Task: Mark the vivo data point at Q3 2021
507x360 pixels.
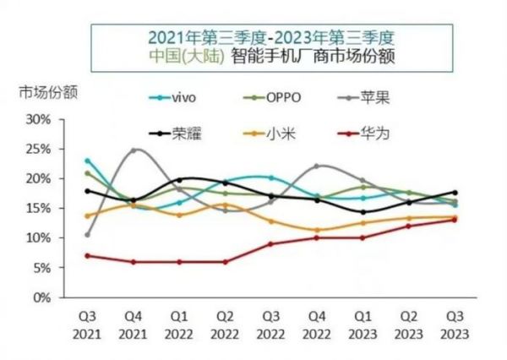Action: [x=87, y=161]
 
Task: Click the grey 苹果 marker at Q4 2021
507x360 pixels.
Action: [x=134, y=150]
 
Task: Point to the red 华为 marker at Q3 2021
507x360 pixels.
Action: [x=87, y=255]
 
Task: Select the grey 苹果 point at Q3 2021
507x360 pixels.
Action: [x=87, y=235]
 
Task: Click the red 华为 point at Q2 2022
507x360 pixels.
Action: [x=225, y=262]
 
